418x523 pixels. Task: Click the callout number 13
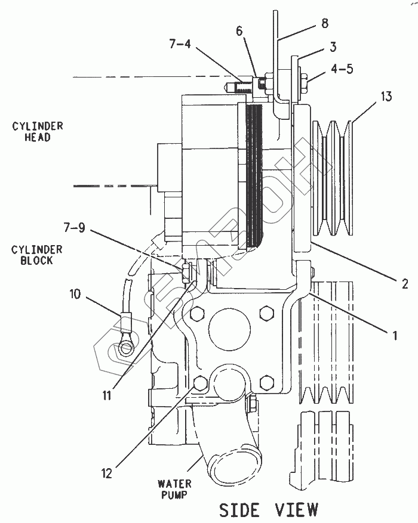[386, 95]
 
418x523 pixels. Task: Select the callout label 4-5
[340, 68]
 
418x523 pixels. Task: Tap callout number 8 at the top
[324, 24]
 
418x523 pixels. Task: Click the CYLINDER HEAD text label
[37, 131]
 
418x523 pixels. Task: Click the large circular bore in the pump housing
[230, 331]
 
